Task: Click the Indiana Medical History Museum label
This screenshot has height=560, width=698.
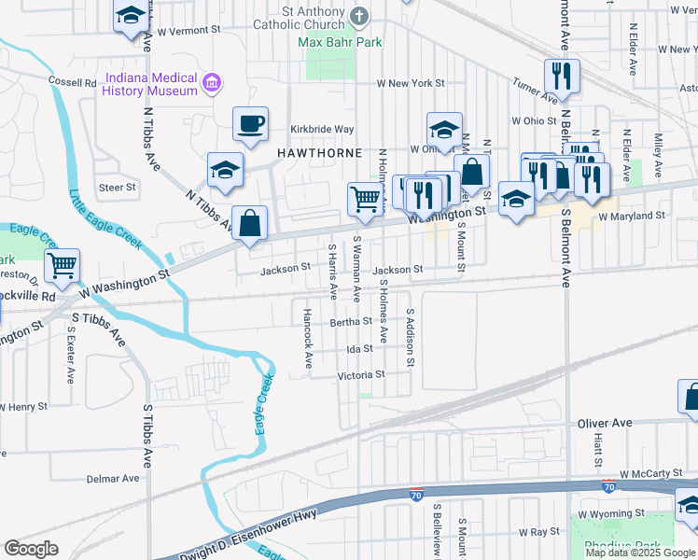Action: (x=151, y=84)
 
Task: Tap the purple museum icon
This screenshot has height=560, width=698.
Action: (x=212, y=83)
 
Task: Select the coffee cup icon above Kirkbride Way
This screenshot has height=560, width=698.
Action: (x=249, y=125)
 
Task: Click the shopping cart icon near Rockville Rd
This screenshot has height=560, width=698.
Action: (x=63, y=265)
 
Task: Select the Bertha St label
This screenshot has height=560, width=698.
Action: (x=351, y=322)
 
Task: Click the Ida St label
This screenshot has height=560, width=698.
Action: (x=359, y=349)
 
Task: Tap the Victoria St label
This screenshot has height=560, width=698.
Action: (x=361, y=375)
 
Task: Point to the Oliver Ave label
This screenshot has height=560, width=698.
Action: (x=606, y=423)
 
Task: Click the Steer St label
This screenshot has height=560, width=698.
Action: (x=118, y=188)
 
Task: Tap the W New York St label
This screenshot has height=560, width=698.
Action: (x=410, y=84)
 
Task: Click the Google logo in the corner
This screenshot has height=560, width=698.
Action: (x=31, y=549)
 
